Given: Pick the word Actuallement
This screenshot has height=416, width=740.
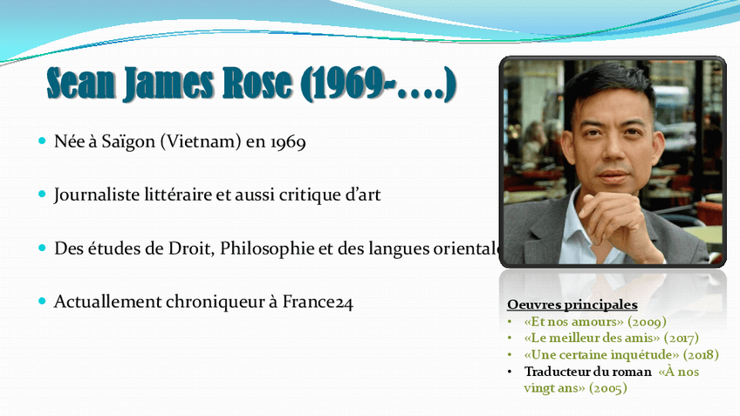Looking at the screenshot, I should tap(109, 302).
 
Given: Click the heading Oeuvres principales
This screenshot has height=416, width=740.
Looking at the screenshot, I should tap(572, 305).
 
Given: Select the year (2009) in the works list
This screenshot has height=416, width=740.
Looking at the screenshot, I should tap(641, 322).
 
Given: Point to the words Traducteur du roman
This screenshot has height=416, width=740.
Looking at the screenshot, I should tap(588, 372).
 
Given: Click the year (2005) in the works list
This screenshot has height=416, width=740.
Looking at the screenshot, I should tap(607, 388).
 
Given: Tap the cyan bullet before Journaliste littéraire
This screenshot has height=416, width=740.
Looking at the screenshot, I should tap(42, 194).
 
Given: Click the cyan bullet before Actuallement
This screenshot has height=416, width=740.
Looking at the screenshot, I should tap(42, 302).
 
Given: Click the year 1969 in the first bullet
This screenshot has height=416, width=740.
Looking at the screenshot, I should tap(288, 140).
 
